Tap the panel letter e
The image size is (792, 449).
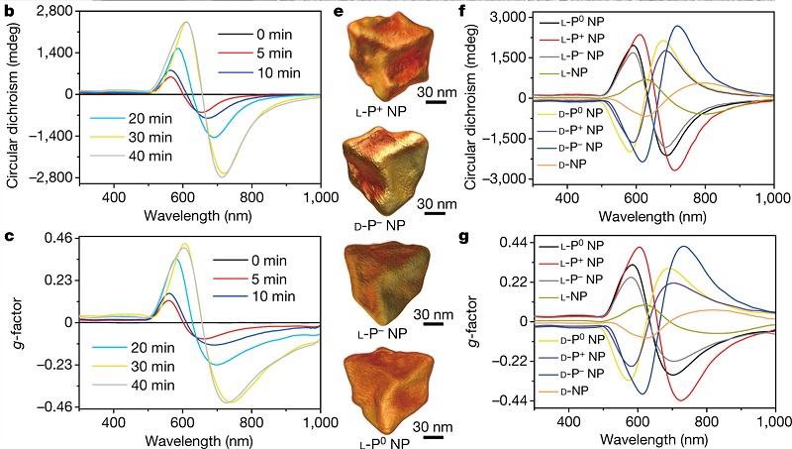(337, 13)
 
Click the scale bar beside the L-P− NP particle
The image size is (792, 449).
(434, 328)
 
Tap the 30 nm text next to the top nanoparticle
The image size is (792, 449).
(435, 91)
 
